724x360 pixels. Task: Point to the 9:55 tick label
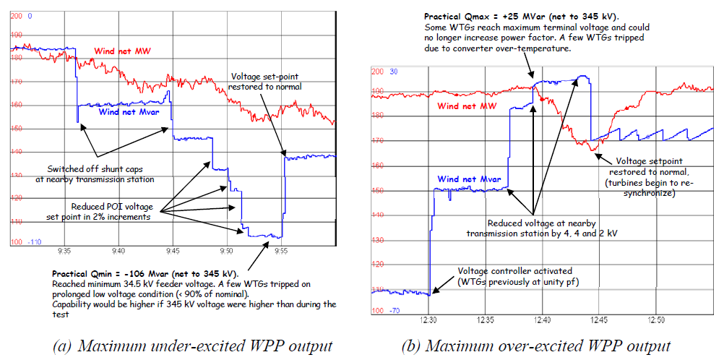(282, 252)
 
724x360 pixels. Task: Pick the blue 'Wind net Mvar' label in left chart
(129, 111)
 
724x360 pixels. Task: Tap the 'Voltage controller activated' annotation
(518, 271)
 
